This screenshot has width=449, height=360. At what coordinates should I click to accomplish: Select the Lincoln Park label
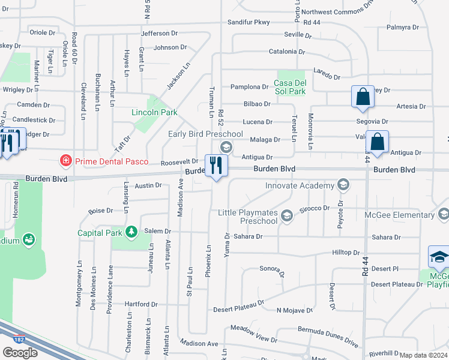[154, 112]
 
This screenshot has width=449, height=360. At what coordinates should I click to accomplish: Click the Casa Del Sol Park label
[290, 87]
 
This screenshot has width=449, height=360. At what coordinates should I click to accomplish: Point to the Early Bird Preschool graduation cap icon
[226, 147]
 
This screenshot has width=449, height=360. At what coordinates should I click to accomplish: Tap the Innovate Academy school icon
[343, 185]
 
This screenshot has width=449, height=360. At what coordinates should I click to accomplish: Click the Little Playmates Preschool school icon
[287, 215]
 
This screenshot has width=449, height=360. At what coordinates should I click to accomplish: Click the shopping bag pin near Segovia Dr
[363, 97]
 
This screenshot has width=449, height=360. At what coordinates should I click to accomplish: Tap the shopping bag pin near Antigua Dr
[377, 143]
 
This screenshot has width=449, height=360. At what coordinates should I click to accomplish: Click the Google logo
[20, 353]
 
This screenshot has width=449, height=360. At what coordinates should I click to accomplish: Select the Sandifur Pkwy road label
[251, 22]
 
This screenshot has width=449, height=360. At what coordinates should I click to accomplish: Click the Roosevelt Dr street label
[179, 161]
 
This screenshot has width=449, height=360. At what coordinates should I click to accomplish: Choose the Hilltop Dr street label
[345, 253]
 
